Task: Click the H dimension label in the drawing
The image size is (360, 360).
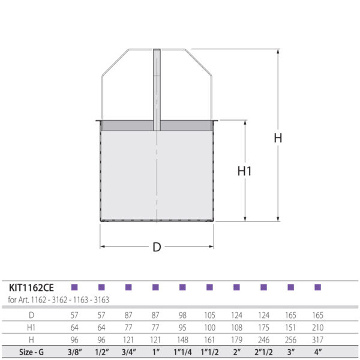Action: [278, 137]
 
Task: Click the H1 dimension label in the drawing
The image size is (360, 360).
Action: [244, 171]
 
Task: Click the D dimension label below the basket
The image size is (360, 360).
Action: [157, 247]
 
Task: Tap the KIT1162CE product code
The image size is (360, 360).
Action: [31, 287]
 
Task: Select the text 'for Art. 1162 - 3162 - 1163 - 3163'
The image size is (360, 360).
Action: [58, 299]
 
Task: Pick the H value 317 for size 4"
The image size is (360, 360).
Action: [317, 339]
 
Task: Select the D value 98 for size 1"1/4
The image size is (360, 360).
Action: [182, 315]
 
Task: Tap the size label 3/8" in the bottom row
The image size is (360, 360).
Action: [74, 352]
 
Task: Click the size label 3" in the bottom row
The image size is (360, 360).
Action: [290, 352]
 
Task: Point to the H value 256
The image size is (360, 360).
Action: [290, 339]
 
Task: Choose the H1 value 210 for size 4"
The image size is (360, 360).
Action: [317, 327]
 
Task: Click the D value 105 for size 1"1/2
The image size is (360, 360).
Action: [209, 315]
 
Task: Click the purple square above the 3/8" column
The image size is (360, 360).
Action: [74, 287]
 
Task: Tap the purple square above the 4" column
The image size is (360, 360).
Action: [317, 287]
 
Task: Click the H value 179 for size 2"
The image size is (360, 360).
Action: [236, 339]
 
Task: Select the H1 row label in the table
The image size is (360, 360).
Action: [31, 327]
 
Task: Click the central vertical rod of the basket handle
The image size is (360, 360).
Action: [157, 90]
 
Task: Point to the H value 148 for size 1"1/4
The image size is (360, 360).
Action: [182, 339]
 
